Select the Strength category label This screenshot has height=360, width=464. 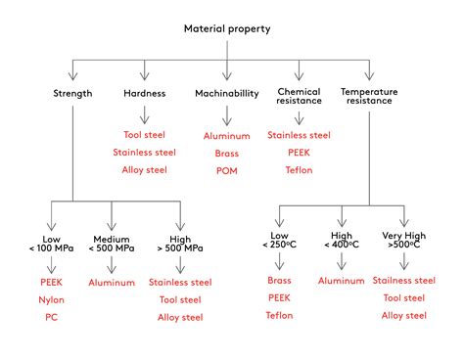coord(72,94)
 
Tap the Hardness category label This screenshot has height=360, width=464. coord(146,94)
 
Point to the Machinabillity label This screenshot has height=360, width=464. coord(227,94)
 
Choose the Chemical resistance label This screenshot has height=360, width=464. coord(299,98)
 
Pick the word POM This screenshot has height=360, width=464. coord(227,171)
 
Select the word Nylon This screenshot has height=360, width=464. coord(52,298)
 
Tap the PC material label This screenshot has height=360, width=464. coord(52,316)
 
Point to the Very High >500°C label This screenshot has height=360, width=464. coord(405,244)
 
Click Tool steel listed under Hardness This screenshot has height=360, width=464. coord(146,134)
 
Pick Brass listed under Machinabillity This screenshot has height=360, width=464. coord(227,154)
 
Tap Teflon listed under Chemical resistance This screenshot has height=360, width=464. coord(299,171)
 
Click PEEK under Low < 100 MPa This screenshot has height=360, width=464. coord(52,282)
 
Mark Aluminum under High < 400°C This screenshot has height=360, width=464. coord(342,282)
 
